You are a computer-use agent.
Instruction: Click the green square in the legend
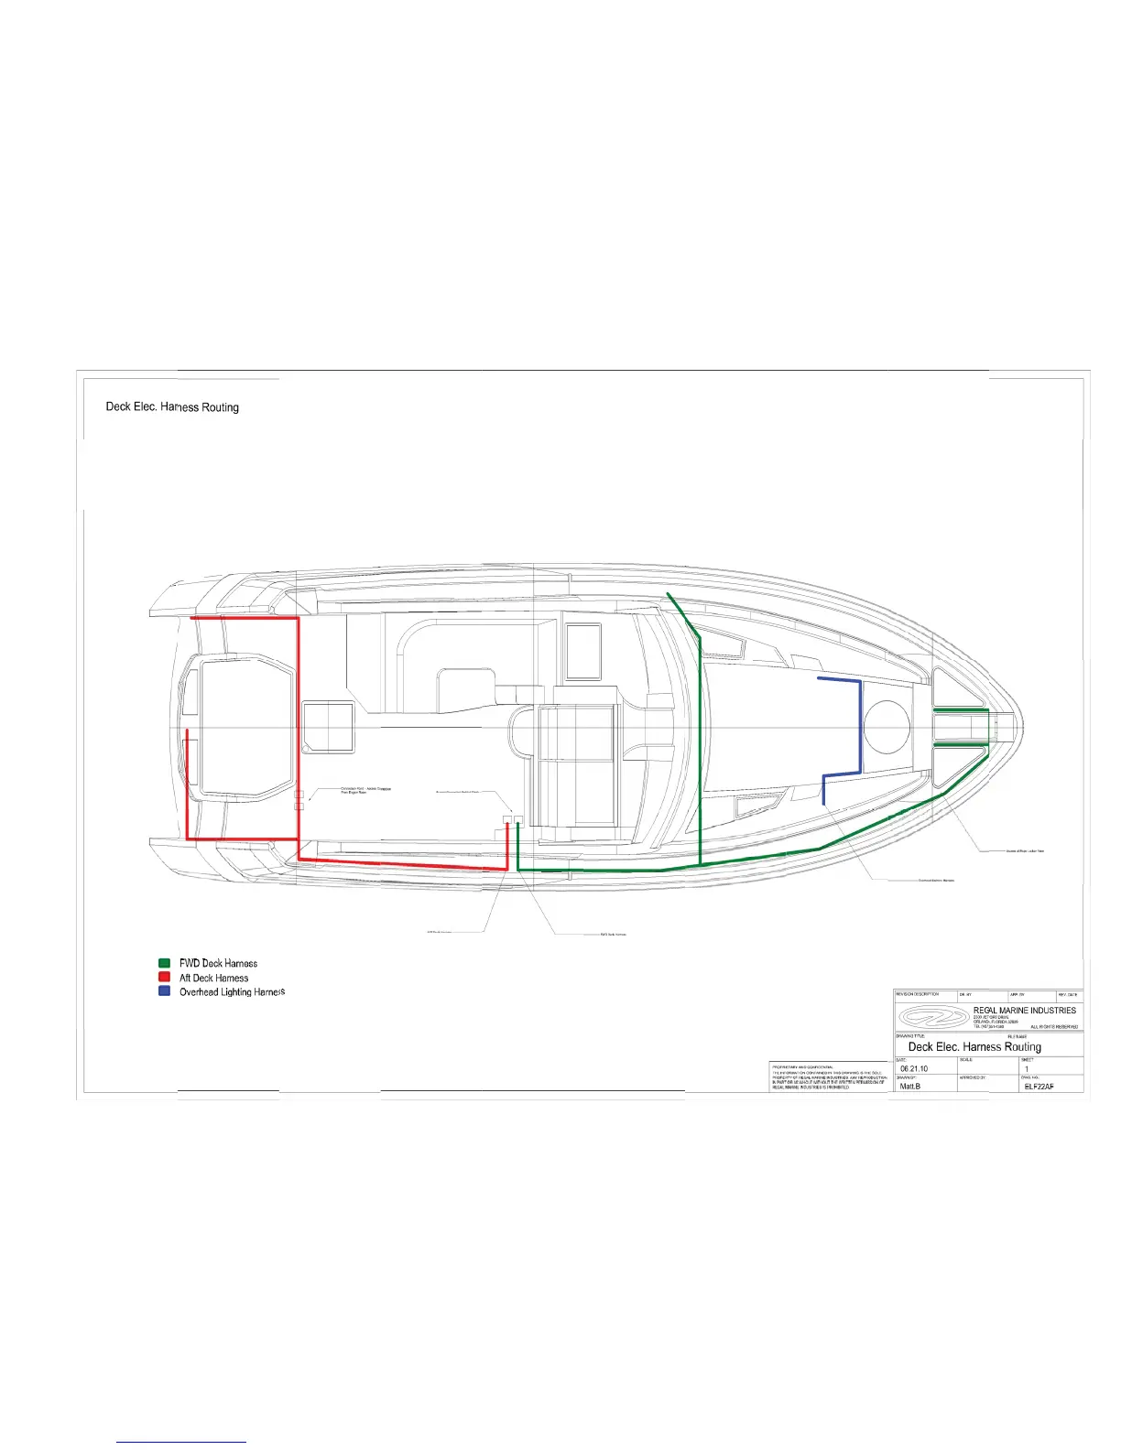[164, 963]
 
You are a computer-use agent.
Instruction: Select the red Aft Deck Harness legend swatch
[164, 978]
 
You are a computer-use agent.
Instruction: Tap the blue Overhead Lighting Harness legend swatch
[164, 991]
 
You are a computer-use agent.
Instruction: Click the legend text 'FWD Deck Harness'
[218, 963]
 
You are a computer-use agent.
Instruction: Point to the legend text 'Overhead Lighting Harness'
[232, 992]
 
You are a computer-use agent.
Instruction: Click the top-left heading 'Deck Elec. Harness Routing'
[172, 406]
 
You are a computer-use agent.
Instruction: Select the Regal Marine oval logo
[932, 1017]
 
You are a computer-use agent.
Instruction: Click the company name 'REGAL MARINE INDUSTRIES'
[1024, 1011]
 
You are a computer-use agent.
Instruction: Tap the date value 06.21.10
[914, 1068]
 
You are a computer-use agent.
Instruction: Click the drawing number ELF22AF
[1040, 1087]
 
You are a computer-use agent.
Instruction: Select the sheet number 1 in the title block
[1027, 1068]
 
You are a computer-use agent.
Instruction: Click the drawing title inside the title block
[974, 1046]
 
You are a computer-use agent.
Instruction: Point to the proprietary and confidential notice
[828, 1077]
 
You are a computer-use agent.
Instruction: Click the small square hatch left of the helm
[328, 727]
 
